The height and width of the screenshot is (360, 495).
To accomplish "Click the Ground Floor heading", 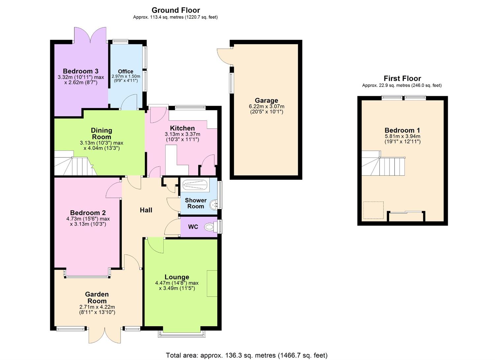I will tap(176, 10).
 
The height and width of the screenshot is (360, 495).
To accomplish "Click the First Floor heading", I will tap(402, 79).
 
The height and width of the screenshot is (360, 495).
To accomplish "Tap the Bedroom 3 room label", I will tap(81, 71).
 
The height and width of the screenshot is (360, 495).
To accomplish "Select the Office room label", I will tap(125, 71).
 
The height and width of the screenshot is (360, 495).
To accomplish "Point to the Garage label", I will tap(266, 101).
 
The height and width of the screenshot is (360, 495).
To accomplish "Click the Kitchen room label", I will tap(182, 128).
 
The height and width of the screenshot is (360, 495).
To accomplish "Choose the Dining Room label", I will tap(101, 134).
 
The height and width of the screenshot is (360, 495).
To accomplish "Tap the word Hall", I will tap(146, 210).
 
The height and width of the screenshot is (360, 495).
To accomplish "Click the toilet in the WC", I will tap(210, 227).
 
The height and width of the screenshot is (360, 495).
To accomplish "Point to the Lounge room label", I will tap(177, 277).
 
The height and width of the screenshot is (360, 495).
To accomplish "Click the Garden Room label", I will tap(97, 298).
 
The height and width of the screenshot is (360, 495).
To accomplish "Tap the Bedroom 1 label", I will tap(402, 130).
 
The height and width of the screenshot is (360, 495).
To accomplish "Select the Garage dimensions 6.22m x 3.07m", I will tap(266, 107).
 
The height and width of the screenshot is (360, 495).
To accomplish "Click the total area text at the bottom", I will tap(247, 355).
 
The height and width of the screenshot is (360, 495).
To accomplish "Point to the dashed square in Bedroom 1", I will tap(373, 211).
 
